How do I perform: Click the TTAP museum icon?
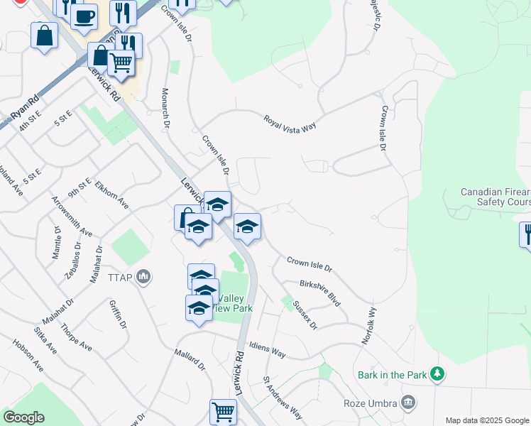pos(143,276)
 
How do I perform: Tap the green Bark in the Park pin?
pos(438,373)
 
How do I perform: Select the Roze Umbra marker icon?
pos(407,403)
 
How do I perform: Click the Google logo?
pos(23,417)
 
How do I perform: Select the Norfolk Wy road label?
pos(367,326)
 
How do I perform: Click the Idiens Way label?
pos(268,349)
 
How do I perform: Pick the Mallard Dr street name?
pos(190,360)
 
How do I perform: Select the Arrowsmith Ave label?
pos(72,217)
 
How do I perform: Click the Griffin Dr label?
pos(118,314)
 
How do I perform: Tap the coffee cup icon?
pos(85,16)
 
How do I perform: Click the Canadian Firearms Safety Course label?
pos(495,197)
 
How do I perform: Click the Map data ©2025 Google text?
pos(486,420)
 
